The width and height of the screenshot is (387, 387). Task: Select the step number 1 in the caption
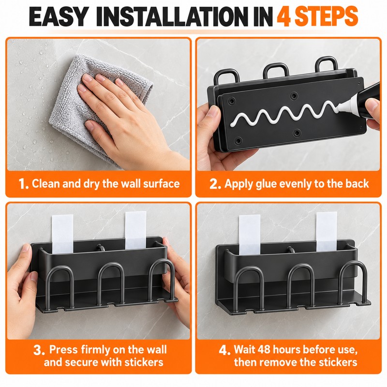(x=23, y=184)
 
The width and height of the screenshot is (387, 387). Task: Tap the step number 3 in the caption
(x=39, y=350)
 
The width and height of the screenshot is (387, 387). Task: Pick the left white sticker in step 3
(x=62, y=234)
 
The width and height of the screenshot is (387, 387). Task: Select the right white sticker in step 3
(x=135, y=230)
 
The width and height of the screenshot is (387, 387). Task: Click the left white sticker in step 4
(x=250, y=235)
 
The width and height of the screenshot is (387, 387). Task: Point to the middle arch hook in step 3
(x=111, y=265)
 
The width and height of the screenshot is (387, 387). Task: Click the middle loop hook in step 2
(x=276, y=65)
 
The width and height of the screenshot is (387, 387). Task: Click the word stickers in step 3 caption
(x=144, y=362)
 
